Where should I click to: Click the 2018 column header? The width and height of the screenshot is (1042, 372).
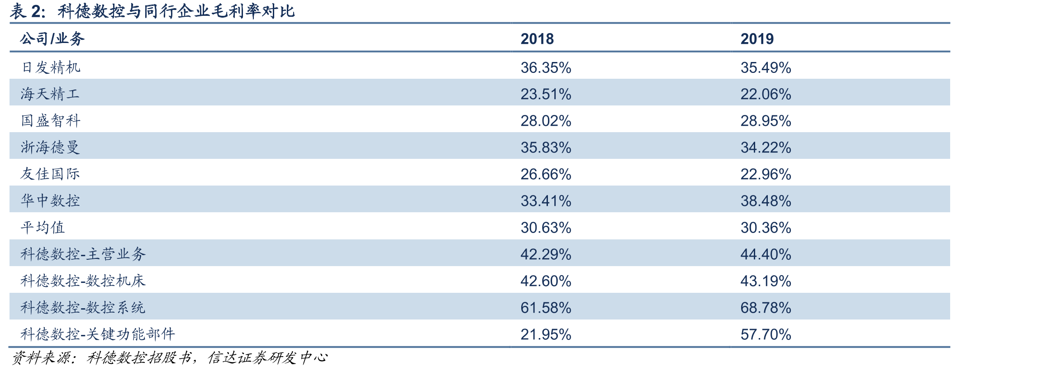tap(537, 39)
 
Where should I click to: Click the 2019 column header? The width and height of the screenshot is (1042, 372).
tap(757, 39)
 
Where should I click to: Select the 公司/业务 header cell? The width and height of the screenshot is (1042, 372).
tap(52, 38)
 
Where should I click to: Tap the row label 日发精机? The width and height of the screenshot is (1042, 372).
tap(51, 67)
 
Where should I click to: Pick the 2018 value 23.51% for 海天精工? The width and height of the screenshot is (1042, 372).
tap(546, 94)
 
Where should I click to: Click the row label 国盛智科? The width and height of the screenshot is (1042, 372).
tap(51, 121)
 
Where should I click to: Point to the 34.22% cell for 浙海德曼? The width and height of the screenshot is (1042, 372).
tap(766, 148)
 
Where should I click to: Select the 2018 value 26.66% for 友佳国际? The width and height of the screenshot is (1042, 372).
tap(546, 174)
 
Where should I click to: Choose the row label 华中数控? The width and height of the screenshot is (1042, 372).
tap(51, 200)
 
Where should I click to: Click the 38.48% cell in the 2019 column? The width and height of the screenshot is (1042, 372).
tap(766, 201)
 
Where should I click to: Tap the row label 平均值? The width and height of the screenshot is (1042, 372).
tap(43, 227)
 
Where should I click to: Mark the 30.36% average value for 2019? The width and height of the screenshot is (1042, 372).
tap(766, 228)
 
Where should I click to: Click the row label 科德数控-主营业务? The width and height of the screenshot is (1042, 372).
tap(83, 254)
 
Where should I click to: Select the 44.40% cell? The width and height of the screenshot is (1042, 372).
tap(766, 254)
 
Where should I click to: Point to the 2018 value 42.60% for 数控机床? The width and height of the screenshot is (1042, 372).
tap(546, 281)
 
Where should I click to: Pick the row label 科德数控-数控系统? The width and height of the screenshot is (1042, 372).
tap(83, 307)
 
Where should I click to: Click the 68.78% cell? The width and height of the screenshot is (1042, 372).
tap(766, 308)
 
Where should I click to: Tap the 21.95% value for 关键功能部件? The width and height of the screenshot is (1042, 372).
tap(546, 334)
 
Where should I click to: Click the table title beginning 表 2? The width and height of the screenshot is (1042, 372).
tap(152, 11)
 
